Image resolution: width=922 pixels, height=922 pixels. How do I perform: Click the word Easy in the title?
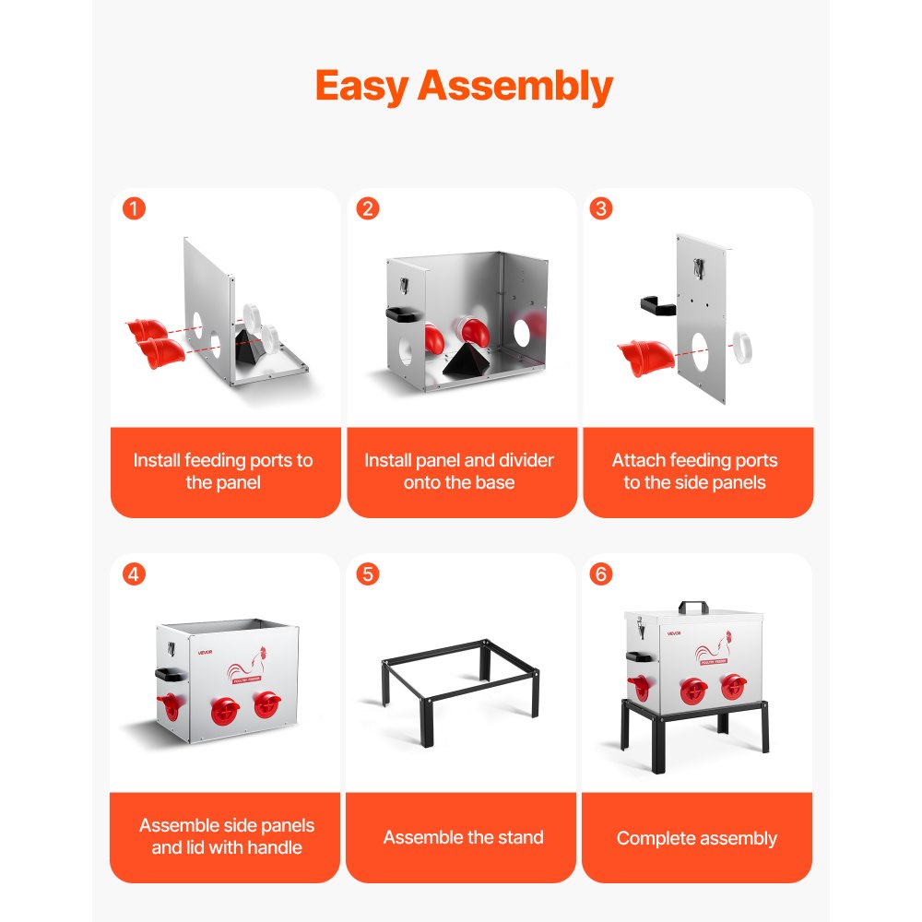coord(362,87)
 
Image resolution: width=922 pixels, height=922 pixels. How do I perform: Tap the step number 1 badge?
coord(135,209)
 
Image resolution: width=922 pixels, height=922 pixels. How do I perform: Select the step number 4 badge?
coord(135,574)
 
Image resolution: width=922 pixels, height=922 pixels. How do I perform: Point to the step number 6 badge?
coord(601,574)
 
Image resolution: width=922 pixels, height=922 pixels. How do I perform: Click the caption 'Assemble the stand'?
coord(463,838)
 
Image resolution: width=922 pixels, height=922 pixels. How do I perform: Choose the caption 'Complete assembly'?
coord(696,839)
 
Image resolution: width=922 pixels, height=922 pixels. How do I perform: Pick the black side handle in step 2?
coord(403,314)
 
